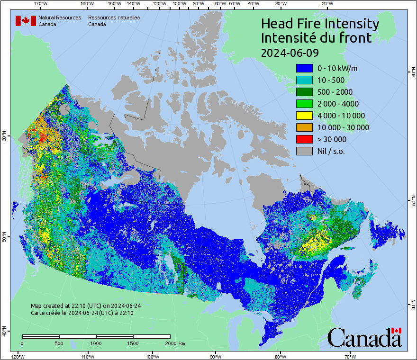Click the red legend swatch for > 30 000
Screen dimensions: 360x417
point(304,139)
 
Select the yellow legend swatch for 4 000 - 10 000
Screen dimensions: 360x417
point(304,116)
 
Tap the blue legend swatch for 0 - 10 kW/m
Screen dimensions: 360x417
point(304,68)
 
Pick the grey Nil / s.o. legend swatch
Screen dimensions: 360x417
point(304,151)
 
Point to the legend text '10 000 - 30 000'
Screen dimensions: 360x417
point(343,127)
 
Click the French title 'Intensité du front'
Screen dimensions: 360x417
point(317,38)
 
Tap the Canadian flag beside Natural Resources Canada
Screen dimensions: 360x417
point(26,21)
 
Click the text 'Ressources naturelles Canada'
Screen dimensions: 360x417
point(114,21)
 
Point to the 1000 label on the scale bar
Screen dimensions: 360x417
point(96,343)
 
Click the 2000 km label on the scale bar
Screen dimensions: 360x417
point(174,343)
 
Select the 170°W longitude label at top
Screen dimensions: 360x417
point(41,4)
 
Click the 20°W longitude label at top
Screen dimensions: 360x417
point(326,4)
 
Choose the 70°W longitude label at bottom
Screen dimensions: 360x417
point(350,356)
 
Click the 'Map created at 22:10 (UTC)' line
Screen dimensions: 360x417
point(86,306)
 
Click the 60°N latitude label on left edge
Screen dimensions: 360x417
point(4,137)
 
